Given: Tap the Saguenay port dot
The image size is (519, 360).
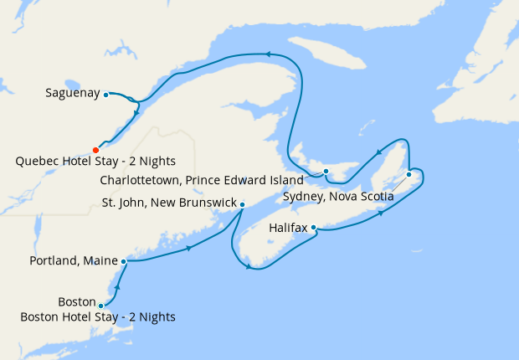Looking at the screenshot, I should click(x=106, y=95).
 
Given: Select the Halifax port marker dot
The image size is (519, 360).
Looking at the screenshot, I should click(x=313, y=227).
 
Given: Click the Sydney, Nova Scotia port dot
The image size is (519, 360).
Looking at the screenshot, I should click(x=409, y=174).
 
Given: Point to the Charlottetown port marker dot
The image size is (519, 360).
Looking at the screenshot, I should click(x=326, y=173).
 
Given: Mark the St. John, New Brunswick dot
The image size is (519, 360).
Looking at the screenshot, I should click(x=242, y=204).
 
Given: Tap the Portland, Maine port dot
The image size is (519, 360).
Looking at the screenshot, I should click(x=124, y=261).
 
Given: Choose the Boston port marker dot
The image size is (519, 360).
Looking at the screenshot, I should click(x=101, y=306).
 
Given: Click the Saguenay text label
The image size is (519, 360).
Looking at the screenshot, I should click(x=73, y=94).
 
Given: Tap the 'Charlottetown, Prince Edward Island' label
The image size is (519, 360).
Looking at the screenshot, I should click(x=201, y=180).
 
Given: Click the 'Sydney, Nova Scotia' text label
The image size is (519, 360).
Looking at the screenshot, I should click(x=337, y=197).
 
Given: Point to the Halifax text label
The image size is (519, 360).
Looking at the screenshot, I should click(x=288, y=228).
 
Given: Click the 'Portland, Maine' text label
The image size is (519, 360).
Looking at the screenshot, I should click(x=75, y=261).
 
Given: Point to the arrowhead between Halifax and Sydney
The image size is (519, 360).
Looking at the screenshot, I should click(x=382, y=213).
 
